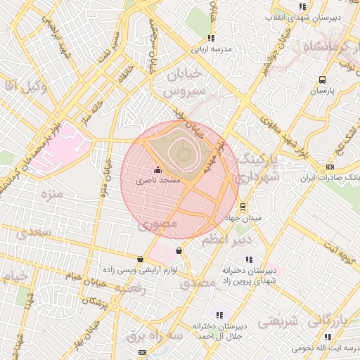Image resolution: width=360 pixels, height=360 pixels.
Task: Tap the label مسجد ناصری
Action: pos(159,181)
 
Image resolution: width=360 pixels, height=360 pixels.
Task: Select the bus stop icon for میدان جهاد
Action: pos(243,207)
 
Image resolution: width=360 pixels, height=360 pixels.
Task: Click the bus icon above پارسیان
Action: pos(322,80)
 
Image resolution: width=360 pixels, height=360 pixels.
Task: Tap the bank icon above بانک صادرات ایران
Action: pos(330,167)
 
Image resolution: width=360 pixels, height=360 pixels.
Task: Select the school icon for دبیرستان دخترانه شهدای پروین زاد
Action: pos(248,260)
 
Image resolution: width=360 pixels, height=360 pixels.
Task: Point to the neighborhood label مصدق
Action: pos(194,284)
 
